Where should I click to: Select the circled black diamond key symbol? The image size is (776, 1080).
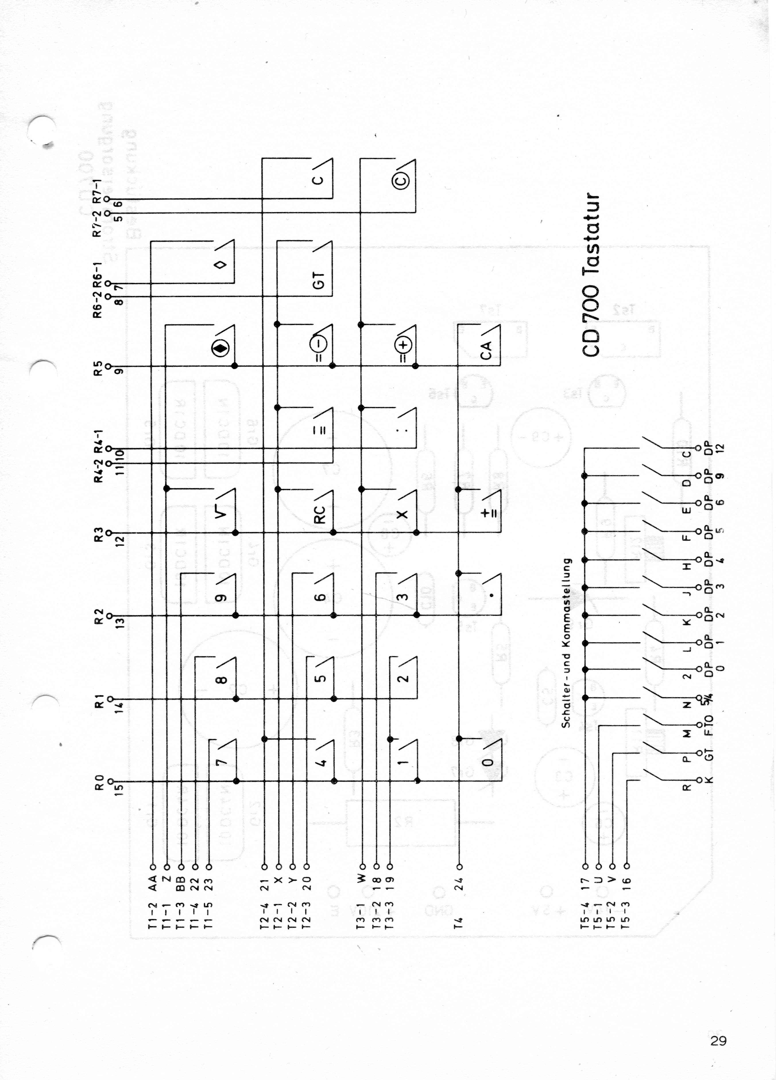220,349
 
